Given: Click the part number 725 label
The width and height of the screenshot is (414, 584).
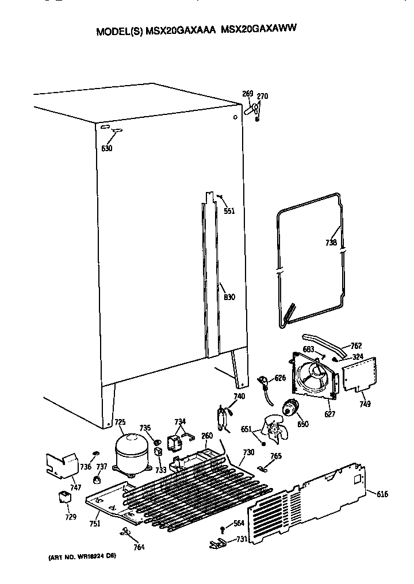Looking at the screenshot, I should coord(120,422).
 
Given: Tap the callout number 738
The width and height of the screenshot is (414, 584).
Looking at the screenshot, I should coord(331,243).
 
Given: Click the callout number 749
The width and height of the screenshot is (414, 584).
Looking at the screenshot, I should coord(365,404).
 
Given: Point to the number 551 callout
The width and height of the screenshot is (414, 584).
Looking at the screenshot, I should coord(229,211).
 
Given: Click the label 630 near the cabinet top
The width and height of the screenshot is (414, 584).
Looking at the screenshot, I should coord(107,149).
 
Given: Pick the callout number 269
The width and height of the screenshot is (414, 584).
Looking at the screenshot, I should coord(247,94).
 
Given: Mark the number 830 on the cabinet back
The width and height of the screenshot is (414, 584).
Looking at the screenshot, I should coord(229,297).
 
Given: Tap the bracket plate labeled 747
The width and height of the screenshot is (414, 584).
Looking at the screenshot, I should coord(62,463).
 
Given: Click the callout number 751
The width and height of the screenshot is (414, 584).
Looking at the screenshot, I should coord(95,523).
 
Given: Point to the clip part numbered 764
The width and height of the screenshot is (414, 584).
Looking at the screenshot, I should coord(125,531).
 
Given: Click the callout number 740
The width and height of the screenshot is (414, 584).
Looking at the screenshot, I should coord(239,396).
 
